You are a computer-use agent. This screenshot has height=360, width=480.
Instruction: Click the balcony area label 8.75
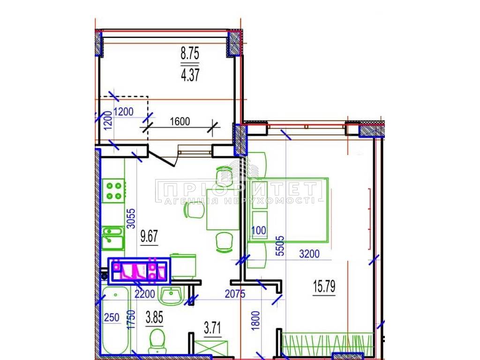click(190, 53)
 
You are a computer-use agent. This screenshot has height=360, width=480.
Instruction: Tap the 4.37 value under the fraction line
click(190, 75)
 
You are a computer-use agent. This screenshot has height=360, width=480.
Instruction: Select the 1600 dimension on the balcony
click(180, 121)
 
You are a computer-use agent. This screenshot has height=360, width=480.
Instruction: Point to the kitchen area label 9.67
click(149, 236)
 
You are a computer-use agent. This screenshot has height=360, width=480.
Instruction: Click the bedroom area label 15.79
click(324, 286)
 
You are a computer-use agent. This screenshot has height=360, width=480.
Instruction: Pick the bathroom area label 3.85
click(154, 317)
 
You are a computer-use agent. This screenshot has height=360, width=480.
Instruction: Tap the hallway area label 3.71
click(212, 328)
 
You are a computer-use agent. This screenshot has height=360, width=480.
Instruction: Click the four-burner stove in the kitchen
click(113, 190)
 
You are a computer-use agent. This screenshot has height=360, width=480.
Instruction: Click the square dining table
click(223, 210)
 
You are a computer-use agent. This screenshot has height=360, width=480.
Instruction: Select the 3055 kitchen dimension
click(131, 218)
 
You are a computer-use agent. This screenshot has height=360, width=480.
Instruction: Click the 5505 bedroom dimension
click(280, 246)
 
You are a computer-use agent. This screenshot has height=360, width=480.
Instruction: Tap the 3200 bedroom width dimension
click(309, 254)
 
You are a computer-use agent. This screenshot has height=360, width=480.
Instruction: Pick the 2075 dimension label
click(235, 294)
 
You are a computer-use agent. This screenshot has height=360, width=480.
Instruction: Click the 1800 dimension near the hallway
click(255, 321)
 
